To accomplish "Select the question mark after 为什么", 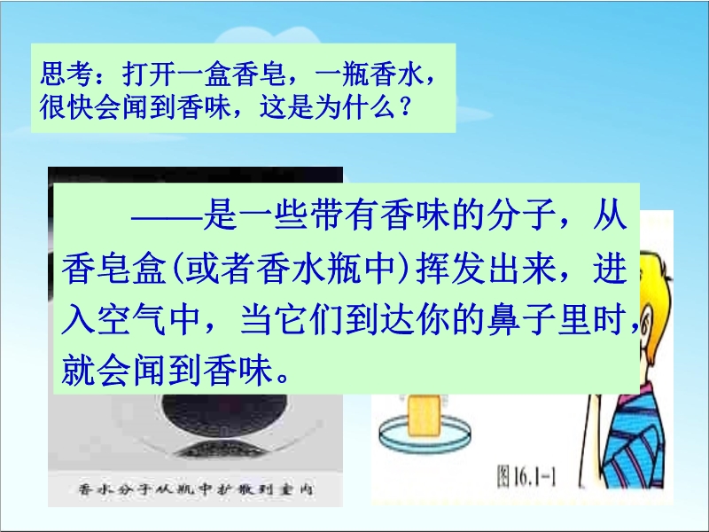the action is coord(406,106).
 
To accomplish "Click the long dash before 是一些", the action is coord(167,218).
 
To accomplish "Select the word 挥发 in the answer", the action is coord(450,268).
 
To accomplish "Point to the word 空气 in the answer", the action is coord(131,319).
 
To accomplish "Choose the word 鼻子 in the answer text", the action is coord(521,319).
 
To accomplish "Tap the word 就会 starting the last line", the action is coord(97,370).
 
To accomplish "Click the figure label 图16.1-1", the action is coord(526,476).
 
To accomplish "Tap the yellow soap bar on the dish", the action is coord(424,415).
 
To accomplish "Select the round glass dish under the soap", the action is coord(425,434).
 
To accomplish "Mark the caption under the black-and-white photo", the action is coord(197,489).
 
